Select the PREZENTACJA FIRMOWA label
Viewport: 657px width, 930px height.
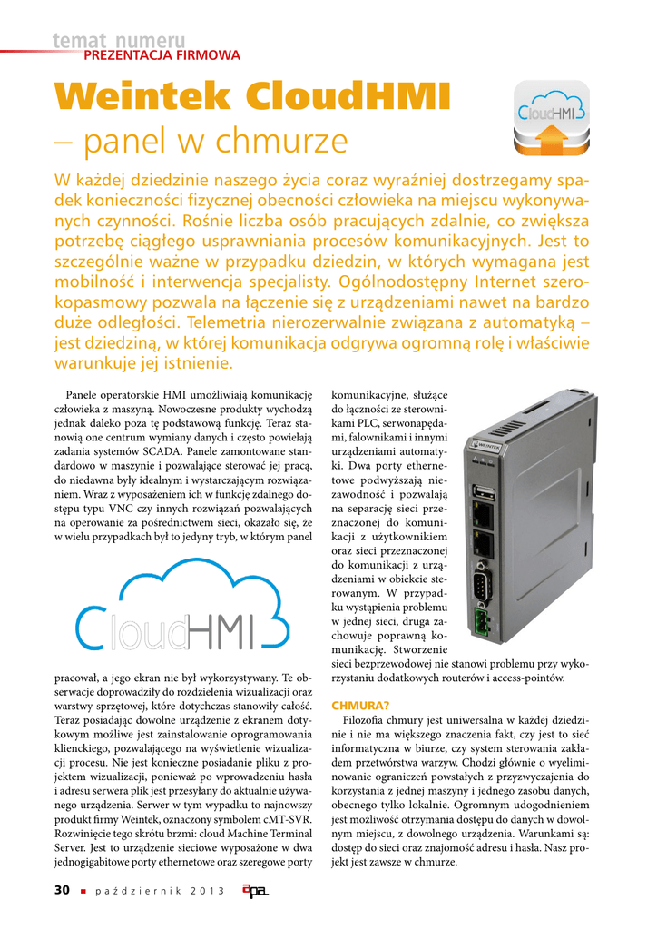click(x=162, y=55)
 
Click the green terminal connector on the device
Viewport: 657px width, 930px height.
click(x=484, y=621)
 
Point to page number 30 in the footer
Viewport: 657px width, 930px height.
click(x=62, y=890)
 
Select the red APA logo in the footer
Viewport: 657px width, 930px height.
click(x=255, y=891)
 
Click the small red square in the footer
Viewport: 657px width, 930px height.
click(x=83, y=891)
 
